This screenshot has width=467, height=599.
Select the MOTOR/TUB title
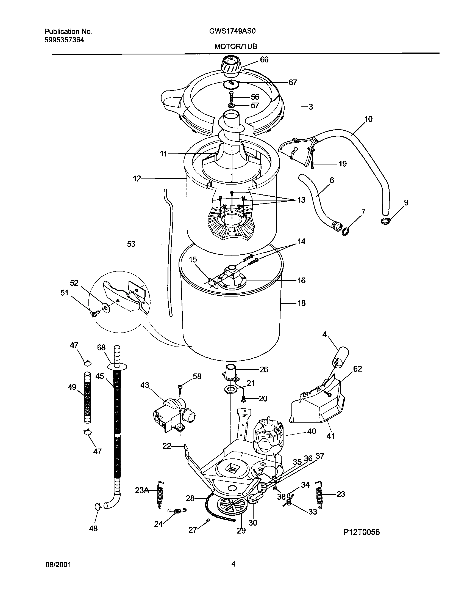point(235,46)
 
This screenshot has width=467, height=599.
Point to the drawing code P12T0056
point(362,540)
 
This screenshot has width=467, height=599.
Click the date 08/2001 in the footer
point(58,565)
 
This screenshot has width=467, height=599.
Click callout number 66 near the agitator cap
point(264,60)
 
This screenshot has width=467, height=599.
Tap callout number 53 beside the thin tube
point(131,244)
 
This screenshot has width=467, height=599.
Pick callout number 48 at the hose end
point(93,528)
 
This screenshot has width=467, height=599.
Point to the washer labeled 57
point(231,106)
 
